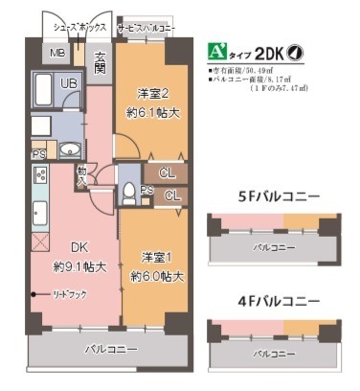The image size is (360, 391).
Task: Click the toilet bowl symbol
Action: click(x=127, y=191)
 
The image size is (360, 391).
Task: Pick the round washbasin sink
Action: click(x=70, y=150)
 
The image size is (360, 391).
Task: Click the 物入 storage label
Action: click(x=82, y=176)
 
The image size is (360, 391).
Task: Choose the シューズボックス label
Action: click(x=73, y=30)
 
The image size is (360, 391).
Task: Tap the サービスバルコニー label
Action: click(x=146, y=30)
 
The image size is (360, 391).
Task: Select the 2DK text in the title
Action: click(x=269, y=54)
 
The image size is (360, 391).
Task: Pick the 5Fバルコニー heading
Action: click(x=279, y=195)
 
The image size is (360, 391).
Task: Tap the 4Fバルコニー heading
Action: click(x=279, y=302)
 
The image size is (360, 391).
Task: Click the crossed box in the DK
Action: click(x=39, y=241)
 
